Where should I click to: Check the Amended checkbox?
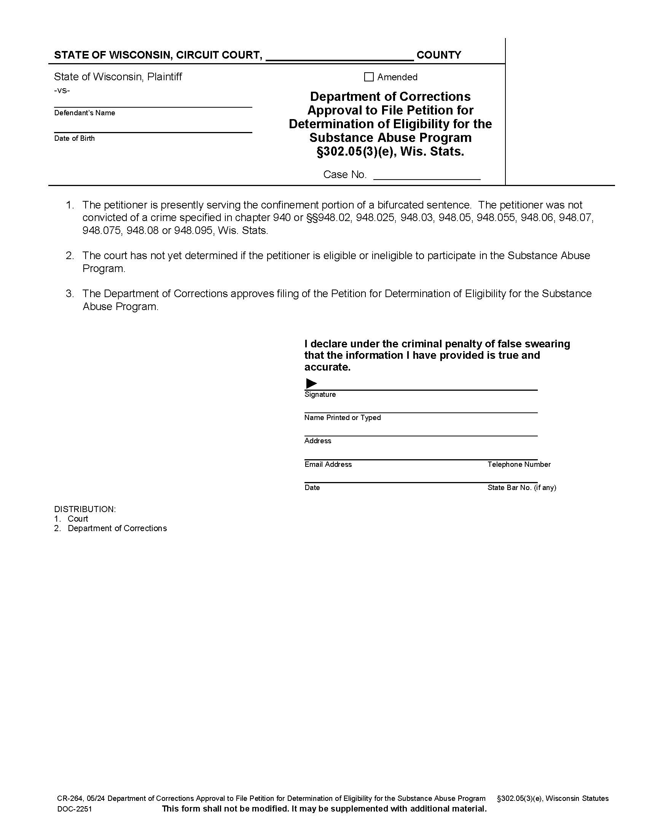[368, 77]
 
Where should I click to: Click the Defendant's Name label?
[84, 113]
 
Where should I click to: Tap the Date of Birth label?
[74, 138]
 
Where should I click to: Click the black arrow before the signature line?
[311, 383]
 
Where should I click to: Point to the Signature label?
[320, 395]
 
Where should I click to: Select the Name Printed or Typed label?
[342, 417]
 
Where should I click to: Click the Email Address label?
[328, 464]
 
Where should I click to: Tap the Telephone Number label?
[519, 464]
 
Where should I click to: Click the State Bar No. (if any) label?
[522, 487]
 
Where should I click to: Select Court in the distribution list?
[78, 519]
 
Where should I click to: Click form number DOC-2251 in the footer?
[74, 809]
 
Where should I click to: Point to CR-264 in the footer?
[70, 798]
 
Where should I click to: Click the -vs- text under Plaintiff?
[62, 91]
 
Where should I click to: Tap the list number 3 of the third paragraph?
[69, 294]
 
